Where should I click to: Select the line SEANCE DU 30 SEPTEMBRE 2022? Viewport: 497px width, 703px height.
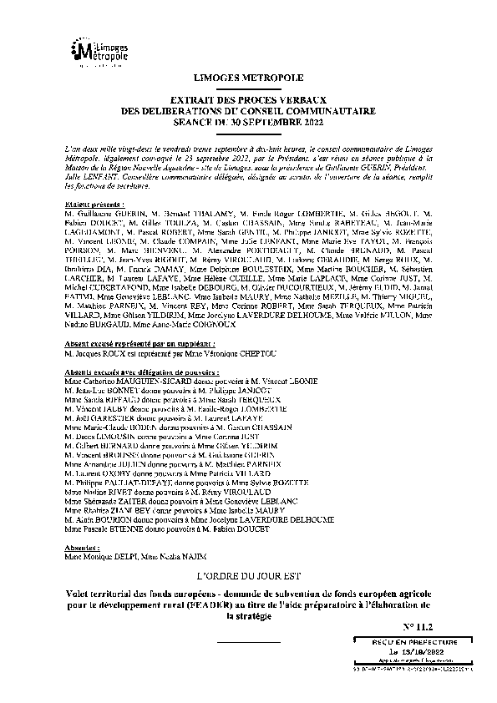coord(248,123)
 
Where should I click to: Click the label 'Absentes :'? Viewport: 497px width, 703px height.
coord(80,549)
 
